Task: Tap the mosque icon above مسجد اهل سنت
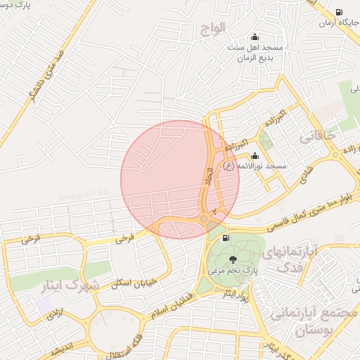[x=254, y=37]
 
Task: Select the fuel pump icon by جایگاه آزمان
[x=340, y=13]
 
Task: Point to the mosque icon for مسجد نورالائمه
[x=254, y=156]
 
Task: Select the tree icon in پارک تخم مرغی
[x=233, y=260]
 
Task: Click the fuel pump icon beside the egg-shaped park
[x=225, y=238]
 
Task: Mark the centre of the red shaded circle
[x=180, y=179]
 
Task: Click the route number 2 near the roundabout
[x=214, y=211]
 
